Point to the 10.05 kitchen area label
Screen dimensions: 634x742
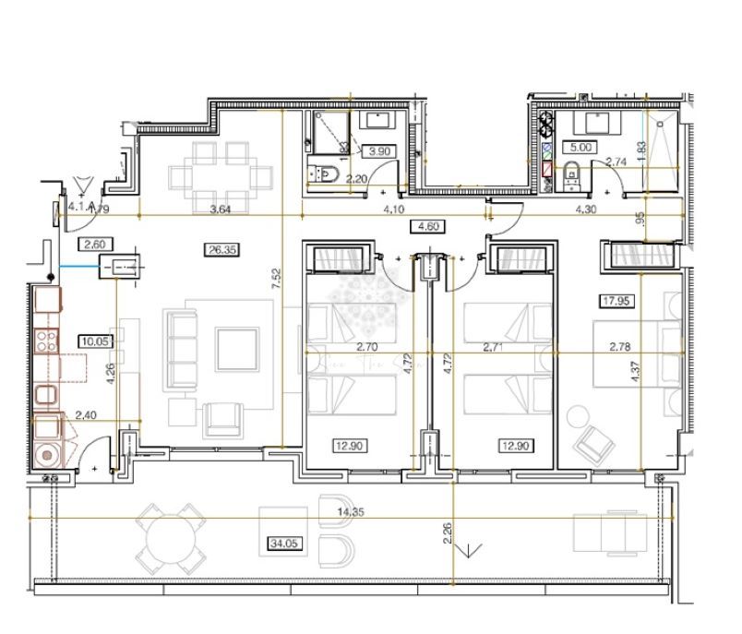(93, 340)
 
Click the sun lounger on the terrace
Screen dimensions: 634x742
(611, 532)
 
